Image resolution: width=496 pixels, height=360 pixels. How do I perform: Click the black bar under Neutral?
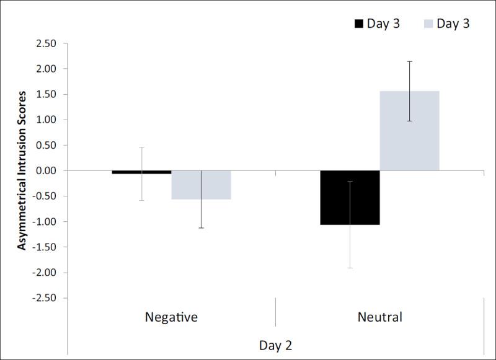350,197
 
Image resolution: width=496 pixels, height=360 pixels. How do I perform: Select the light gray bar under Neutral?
410,131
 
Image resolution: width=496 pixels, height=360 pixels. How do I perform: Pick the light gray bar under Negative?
201,185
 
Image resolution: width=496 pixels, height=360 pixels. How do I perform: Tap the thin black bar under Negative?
141,172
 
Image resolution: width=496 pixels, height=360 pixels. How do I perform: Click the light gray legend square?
427,24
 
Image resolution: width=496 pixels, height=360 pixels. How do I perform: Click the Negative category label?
171,317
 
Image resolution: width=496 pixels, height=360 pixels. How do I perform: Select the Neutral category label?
379,317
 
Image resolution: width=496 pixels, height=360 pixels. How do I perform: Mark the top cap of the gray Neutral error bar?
410,61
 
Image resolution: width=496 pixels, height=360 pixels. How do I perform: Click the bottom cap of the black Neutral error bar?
350,268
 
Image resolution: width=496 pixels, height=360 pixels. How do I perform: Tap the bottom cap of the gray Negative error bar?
201,228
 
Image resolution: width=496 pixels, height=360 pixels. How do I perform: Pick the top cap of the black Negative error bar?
141,147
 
